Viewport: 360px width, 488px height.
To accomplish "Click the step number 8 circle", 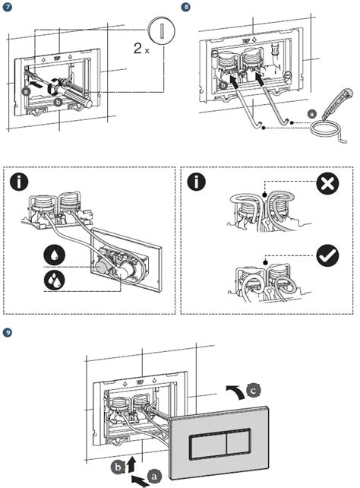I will (187, 6).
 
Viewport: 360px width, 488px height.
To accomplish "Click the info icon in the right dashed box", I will (197, 183).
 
